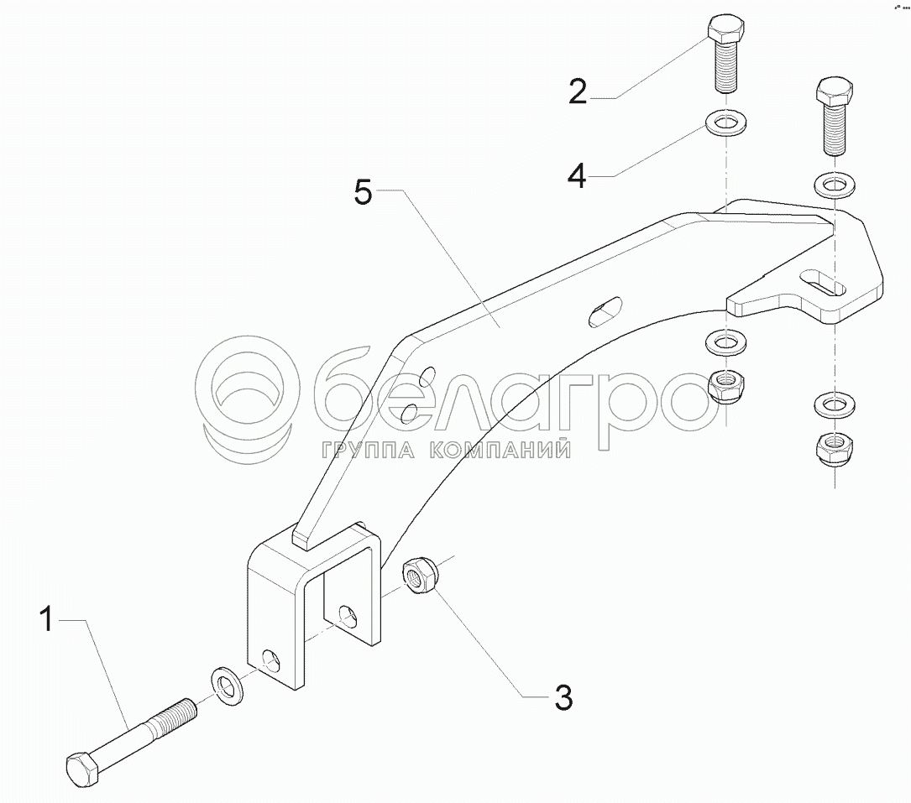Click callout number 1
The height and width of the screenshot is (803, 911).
[x=47, y=619]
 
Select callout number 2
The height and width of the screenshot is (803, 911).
[x=578, y=91]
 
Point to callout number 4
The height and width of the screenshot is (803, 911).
[x=576, y=175]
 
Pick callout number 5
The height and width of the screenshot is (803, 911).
[x=363, y=192]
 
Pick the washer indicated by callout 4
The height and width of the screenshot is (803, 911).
[x=725, y=123]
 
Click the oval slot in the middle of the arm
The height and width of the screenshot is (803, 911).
[x=605, y=312]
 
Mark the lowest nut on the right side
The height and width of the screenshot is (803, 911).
[x=835, y=448]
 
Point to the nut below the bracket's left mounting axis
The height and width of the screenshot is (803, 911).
[x=726, y=386]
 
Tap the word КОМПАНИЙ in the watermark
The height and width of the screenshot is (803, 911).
[x=500, y=450]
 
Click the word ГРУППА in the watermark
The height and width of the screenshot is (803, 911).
[x=367, y=450]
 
